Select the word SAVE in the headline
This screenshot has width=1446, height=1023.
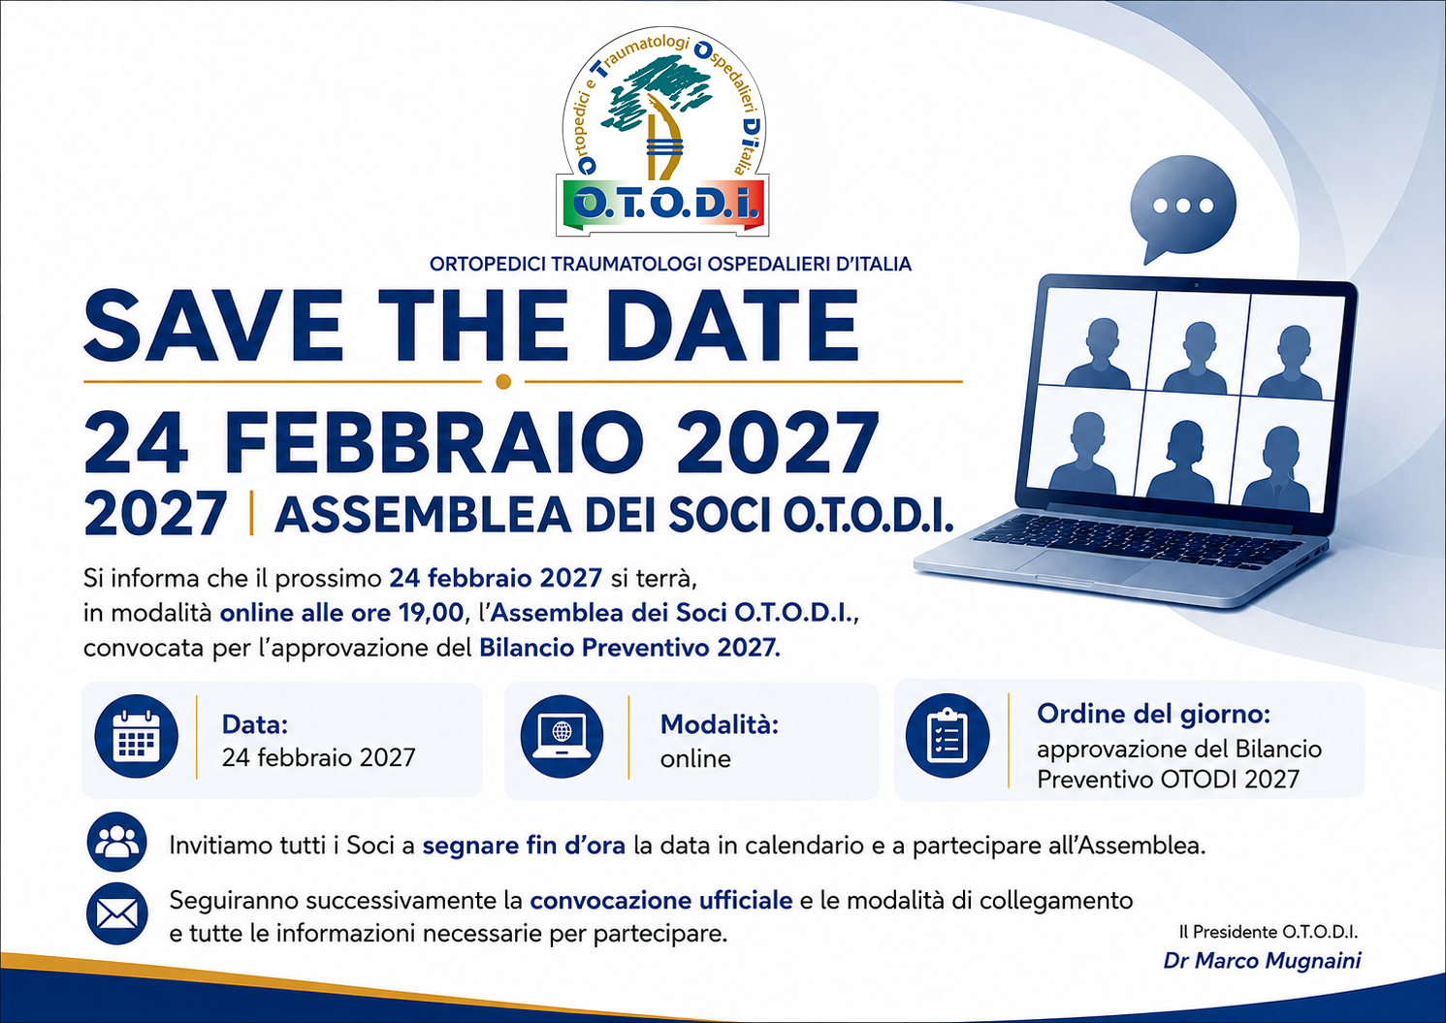click(x=214, y=326)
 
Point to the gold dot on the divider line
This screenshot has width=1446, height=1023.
click(x=503, y=381)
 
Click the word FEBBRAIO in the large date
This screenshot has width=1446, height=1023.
click(x=434, y=442)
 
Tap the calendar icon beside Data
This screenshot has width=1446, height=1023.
click(x=136, y=737)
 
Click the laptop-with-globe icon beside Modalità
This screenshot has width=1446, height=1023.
click(x=562, y=737)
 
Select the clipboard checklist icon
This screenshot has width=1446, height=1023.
click(x=947, y=736)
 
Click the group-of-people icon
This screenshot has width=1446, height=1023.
click(x=116, y=842)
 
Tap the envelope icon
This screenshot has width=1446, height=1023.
click(x=116, y=914)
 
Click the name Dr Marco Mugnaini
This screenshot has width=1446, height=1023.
click(x=1262, y=961)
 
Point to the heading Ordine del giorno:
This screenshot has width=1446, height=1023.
click(x=1153, y=714)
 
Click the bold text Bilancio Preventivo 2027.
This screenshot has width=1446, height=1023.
click(x=629, y=648)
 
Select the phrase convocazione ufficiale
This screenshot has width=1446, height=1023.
click(x=661, y=901)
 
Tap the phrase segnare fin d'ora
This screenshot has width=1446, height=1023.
click(x=524, y=846)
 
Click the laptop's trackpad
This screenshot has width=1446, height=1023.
click(x=1083, y=566)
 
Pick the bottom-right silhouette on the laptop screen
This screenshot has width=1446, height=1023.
click(x=1279, y=469)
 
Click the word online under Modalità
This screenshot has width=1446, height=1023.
click(x=695, y=759)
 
